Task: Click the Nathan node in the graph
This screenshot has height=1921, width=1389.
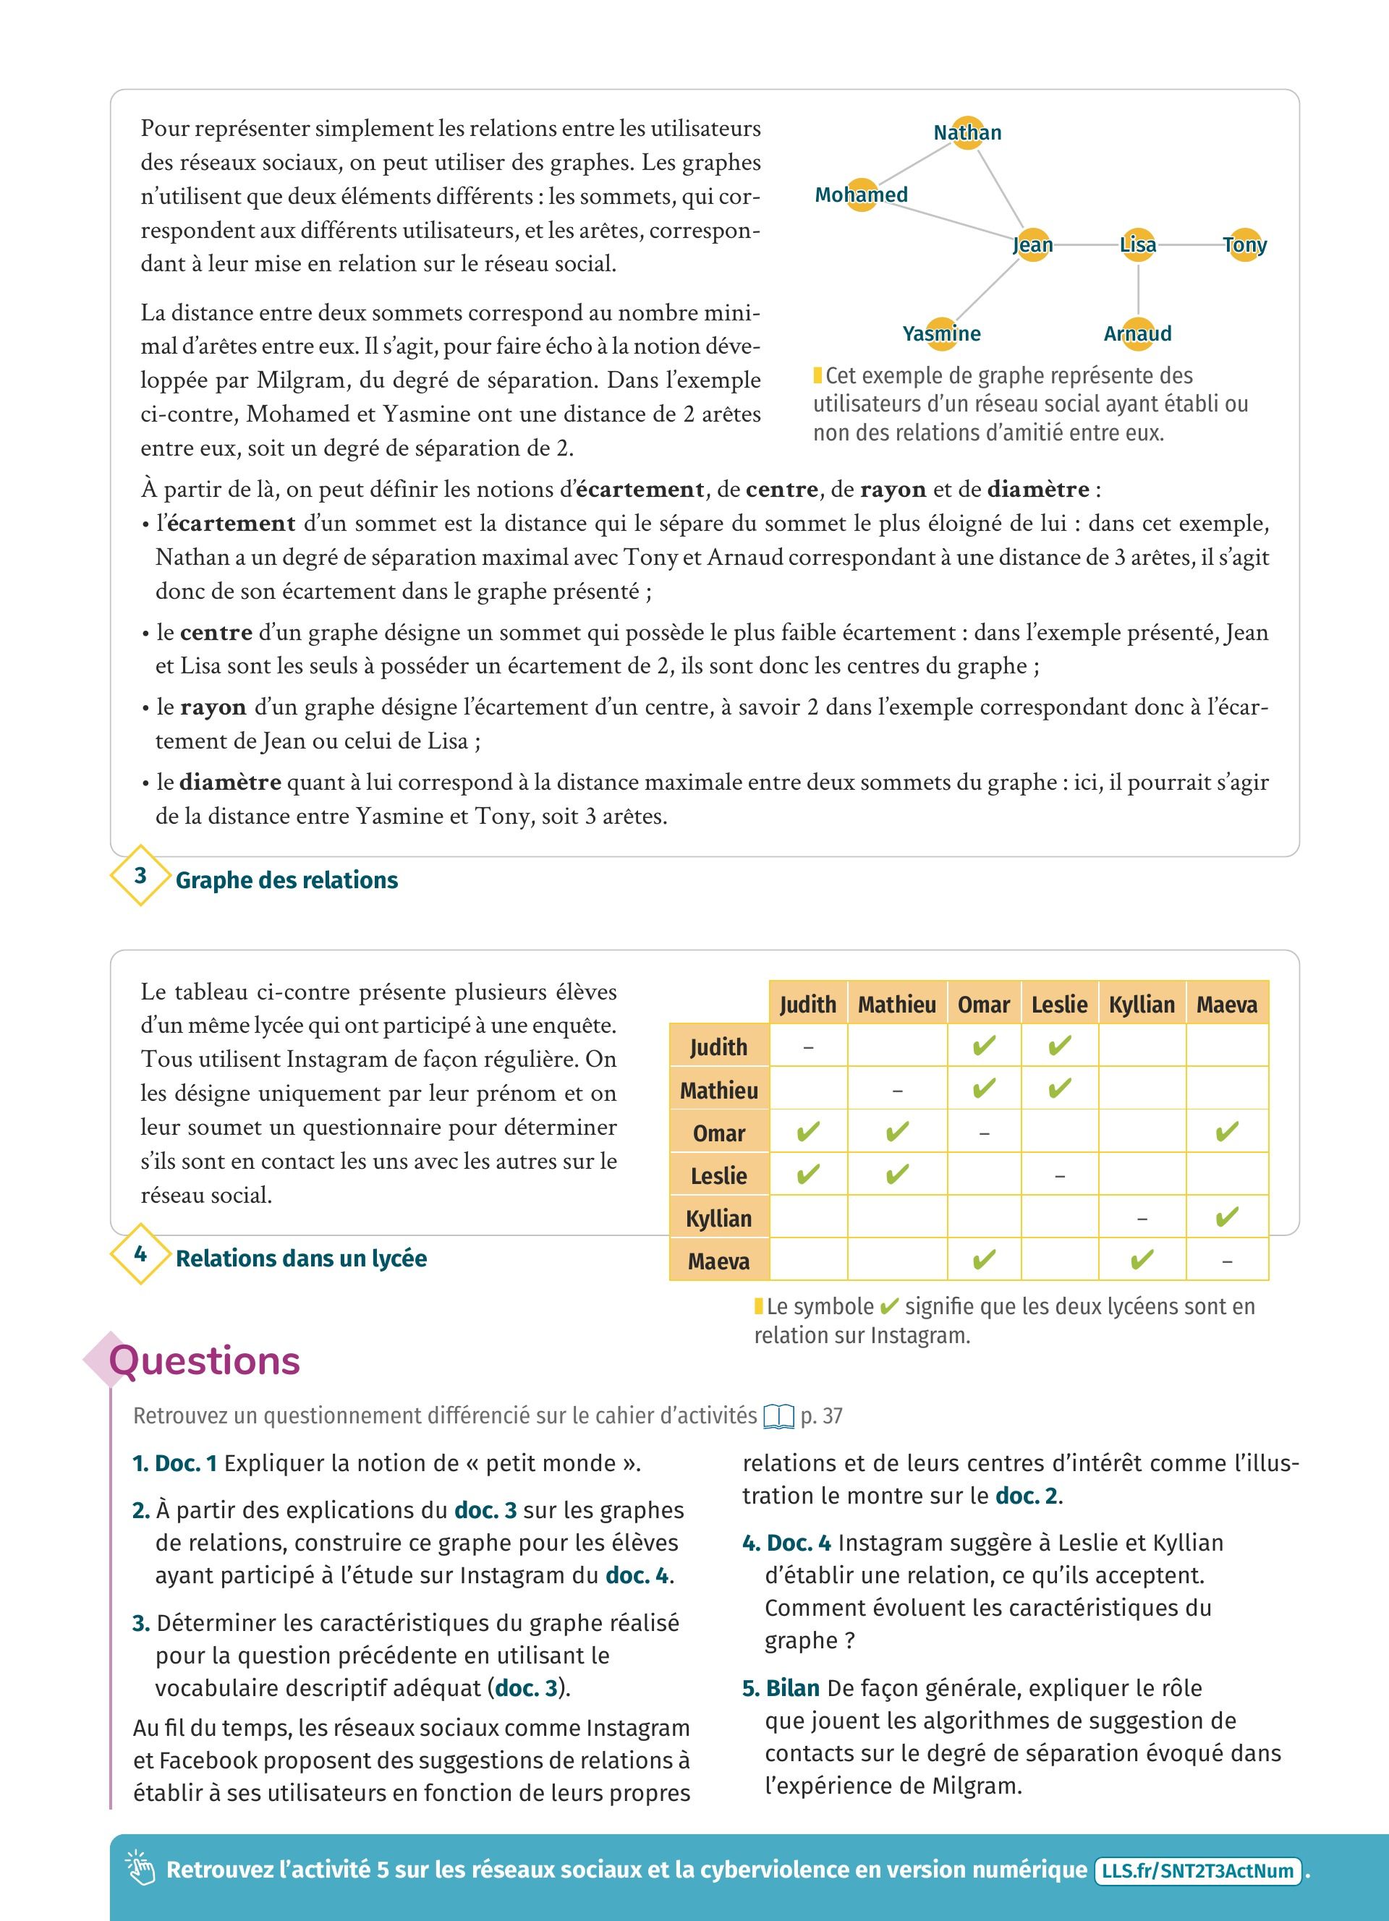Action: pyautogui.click(x=967, y=133)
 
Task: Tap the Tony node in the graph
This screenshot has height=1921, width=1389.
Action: pyautogui.click(x=1244, y=244)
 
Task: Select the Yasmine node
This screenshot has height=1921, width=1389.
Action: pyautogui.click(x=941, y=333)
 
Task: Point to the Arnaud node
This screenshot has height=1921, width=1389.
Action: pyautogui.click(x=1137, y=333)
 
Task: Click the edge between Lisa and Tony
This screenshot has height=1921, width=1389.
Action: pyautogui.click(x=1190, y=244)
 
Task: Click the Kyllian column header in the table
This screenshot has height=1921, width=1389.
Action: pyautogui.click(x=1142, y=1005)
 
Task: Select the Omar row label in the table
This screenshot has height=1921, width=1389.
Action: pyautogui.click(x=719, y=1133)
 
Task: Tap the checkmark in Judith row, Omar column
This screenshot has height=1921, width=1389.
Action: pyautogui.click(x=983, y=1047)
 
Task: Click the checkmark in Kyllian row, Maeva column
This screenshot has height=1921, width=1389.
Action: pyautogui.click(x=1226, y=1218)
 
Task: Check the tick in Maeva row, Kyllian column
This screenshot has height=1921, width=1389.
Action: pyautogui.click(x=1142, y=1261)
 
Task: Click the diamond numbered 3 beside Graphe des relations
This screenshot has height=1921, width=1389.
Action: pyautogui.click(x=140, y=875)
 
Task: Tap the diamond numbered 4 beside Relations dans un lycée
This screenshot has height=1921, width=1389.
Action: pyautogui.click(x=140, y=1253)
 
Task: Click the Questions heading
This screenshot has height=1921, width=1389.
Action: pyautogui.click(x=205, y=1361)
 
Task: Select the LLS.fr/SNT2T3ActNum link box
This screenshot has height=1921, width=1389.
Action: pyautogui.click(x=1197, y=1870)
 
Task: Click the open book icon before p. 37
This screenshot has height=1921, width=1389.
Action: pyautogui.click(x=778, y=1416)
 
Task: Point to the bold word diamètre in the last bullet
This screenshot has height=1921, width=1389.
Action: pyautogui.click(x=230, y=782)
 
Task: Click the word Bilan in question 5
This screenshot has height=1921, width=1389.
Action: pyautogui.click(x=792, y=1688)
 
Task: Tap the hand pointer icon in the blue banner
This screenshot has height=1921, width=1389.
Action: pyautogui.click(x=140, y=1868)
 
